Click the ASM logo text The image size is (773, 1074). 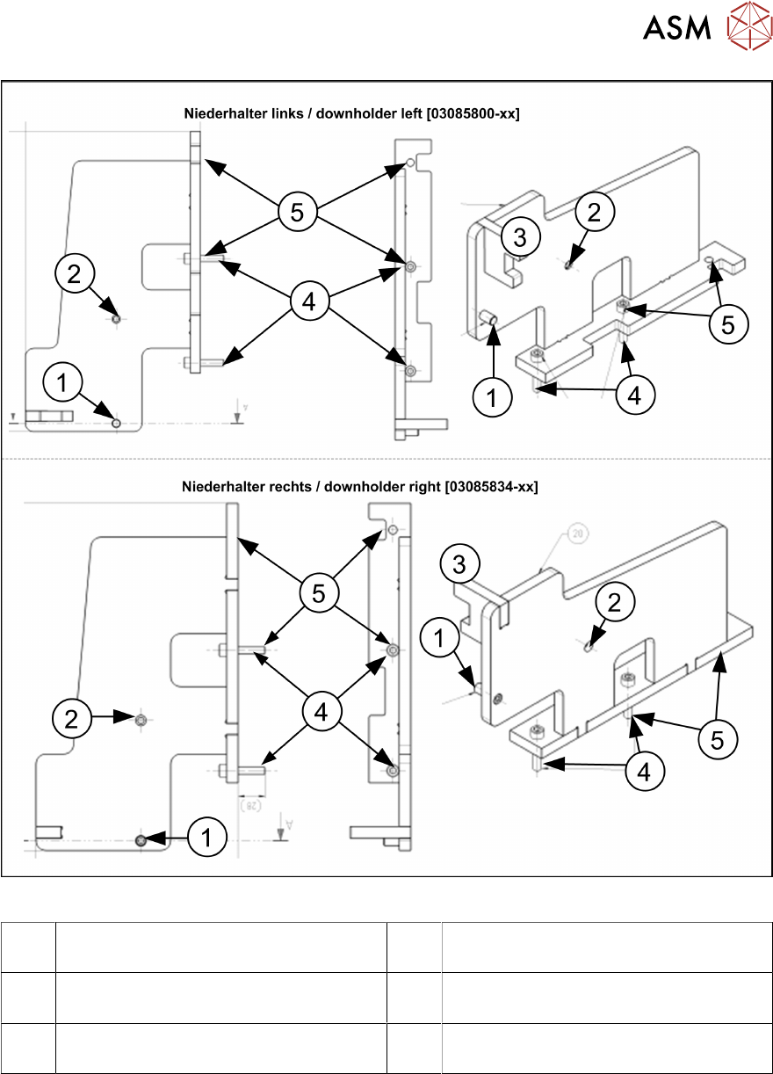(676, 28)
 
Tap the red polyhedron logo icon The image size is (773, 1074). (748, 27)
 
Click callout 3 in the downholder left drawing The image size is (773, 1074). (520, 237)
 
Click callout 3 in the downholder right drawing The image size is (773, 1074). (459, 564)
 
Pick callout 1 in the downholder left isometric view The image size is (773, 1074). (492, 398)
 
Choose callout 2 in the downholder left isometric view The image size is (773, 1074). (595, 212)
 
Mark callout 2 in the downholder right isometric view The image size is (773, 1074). (614, 602)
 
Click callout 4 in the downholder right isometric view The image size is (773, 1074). (645, 773)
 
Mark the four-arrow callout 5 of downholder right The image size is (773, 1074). (318, 594)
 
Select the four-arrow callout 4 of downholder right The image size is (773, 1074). (321, 711)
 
